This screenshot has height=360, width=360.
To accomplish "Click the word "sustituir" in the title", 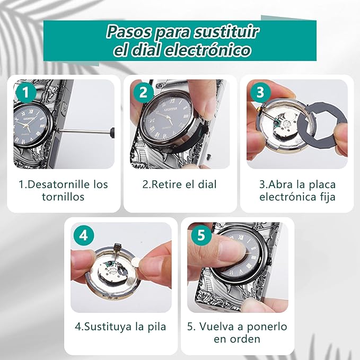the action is click(x=226, y=32).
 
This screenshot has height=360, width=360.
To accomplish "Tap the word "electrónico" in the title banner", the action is click(x=207, y=50).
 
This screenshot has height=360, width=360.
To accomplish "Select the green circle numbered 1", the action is click(x=26, y=93).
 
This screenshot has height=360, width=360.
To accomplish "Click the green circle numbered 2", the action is click(x=143, y=93).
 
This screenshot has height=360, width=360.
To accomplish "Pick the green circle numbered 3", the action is click(x=260, y=93).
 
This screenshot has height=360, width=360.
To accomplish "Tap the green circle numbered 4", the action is click(x=84, y=235).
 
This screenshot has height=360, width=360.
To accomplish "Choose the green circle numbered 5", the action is click(x=201, y=235).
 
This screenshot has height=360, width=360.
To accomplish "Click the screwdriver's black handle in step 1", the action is click(x=112, y=133).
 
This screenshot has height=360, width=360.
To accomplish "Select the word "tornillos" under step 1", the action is click(x=63, y=197).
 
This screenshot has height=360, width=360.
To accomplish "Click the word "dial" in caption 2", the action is click(x=207, y=185).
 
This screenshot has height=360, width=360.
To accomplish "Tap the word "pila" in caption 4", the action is click(x=157, y=327).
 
